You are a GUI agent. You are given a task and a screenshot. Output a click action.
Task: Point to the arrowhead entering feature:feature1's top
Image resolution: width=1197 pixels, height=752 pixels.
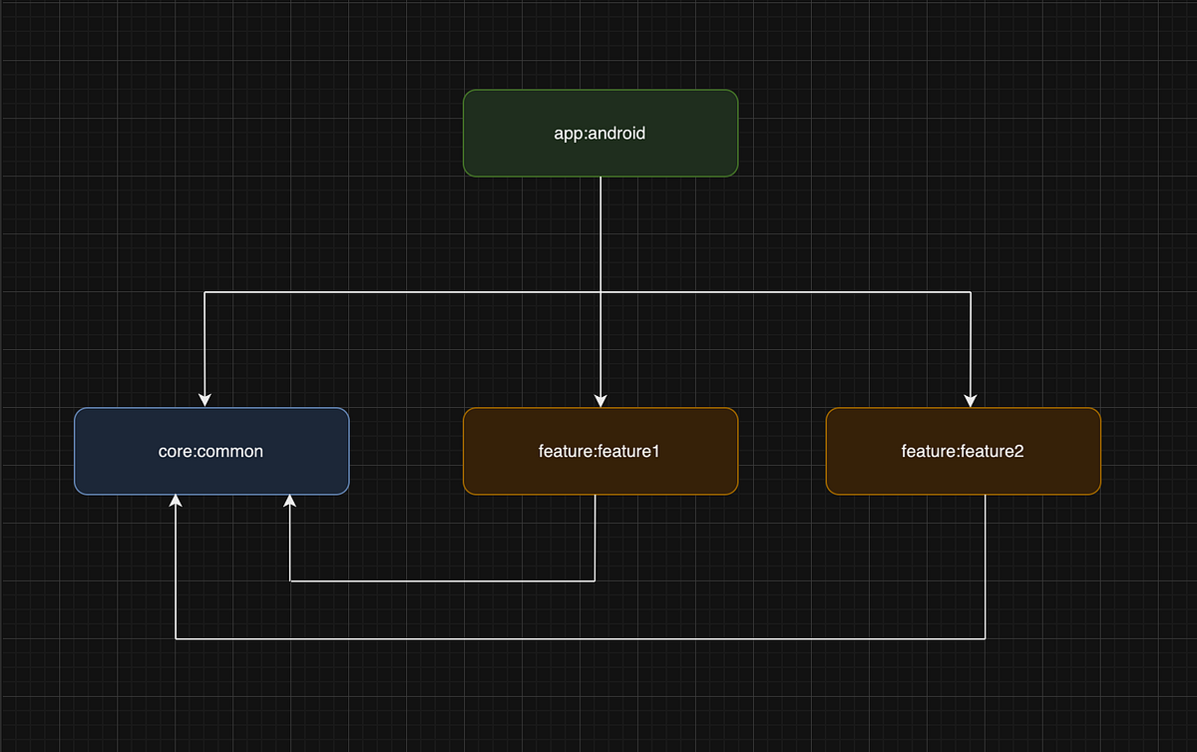pos(600,400)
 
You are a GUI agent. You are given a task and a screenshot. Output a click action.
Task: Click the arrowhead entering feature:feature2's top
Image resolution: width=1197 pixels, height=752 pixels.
pos(970,400)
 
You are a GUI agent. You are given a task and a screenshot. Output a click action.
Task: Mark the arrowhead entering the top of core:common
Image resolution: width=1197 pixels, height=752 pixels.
pos(204,400)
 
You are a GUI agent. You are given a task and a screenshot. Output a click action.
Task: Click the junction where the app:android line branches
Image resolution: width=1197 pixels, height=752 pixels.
pos(600,292)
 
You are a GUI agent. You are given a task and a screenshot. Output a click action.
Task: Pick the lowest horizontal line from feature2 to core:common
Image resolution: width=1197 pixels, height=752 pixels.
pos(579,638)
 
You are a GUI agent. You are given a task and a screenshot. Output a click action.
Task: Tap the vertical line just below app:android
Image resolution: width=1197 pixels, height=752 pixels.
pos(600,229)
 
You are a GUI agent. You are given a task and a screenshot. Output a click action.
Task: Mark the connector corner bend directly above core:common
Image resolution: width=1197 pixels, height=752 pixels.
pos(204,292)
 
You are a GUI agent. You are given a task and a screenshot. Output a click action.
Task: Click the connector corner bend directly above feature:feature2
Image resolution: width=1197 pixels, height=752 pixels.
pos(970,292)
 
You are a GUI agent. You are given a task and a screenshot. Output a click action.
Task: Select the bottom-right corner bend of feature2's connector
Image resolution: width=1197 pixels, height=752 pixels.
pos(986,638)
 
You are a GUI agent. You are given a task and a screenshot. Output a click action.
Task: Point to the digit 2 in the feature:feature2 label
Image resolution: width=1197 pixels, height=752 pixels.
pos(1019,451)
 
